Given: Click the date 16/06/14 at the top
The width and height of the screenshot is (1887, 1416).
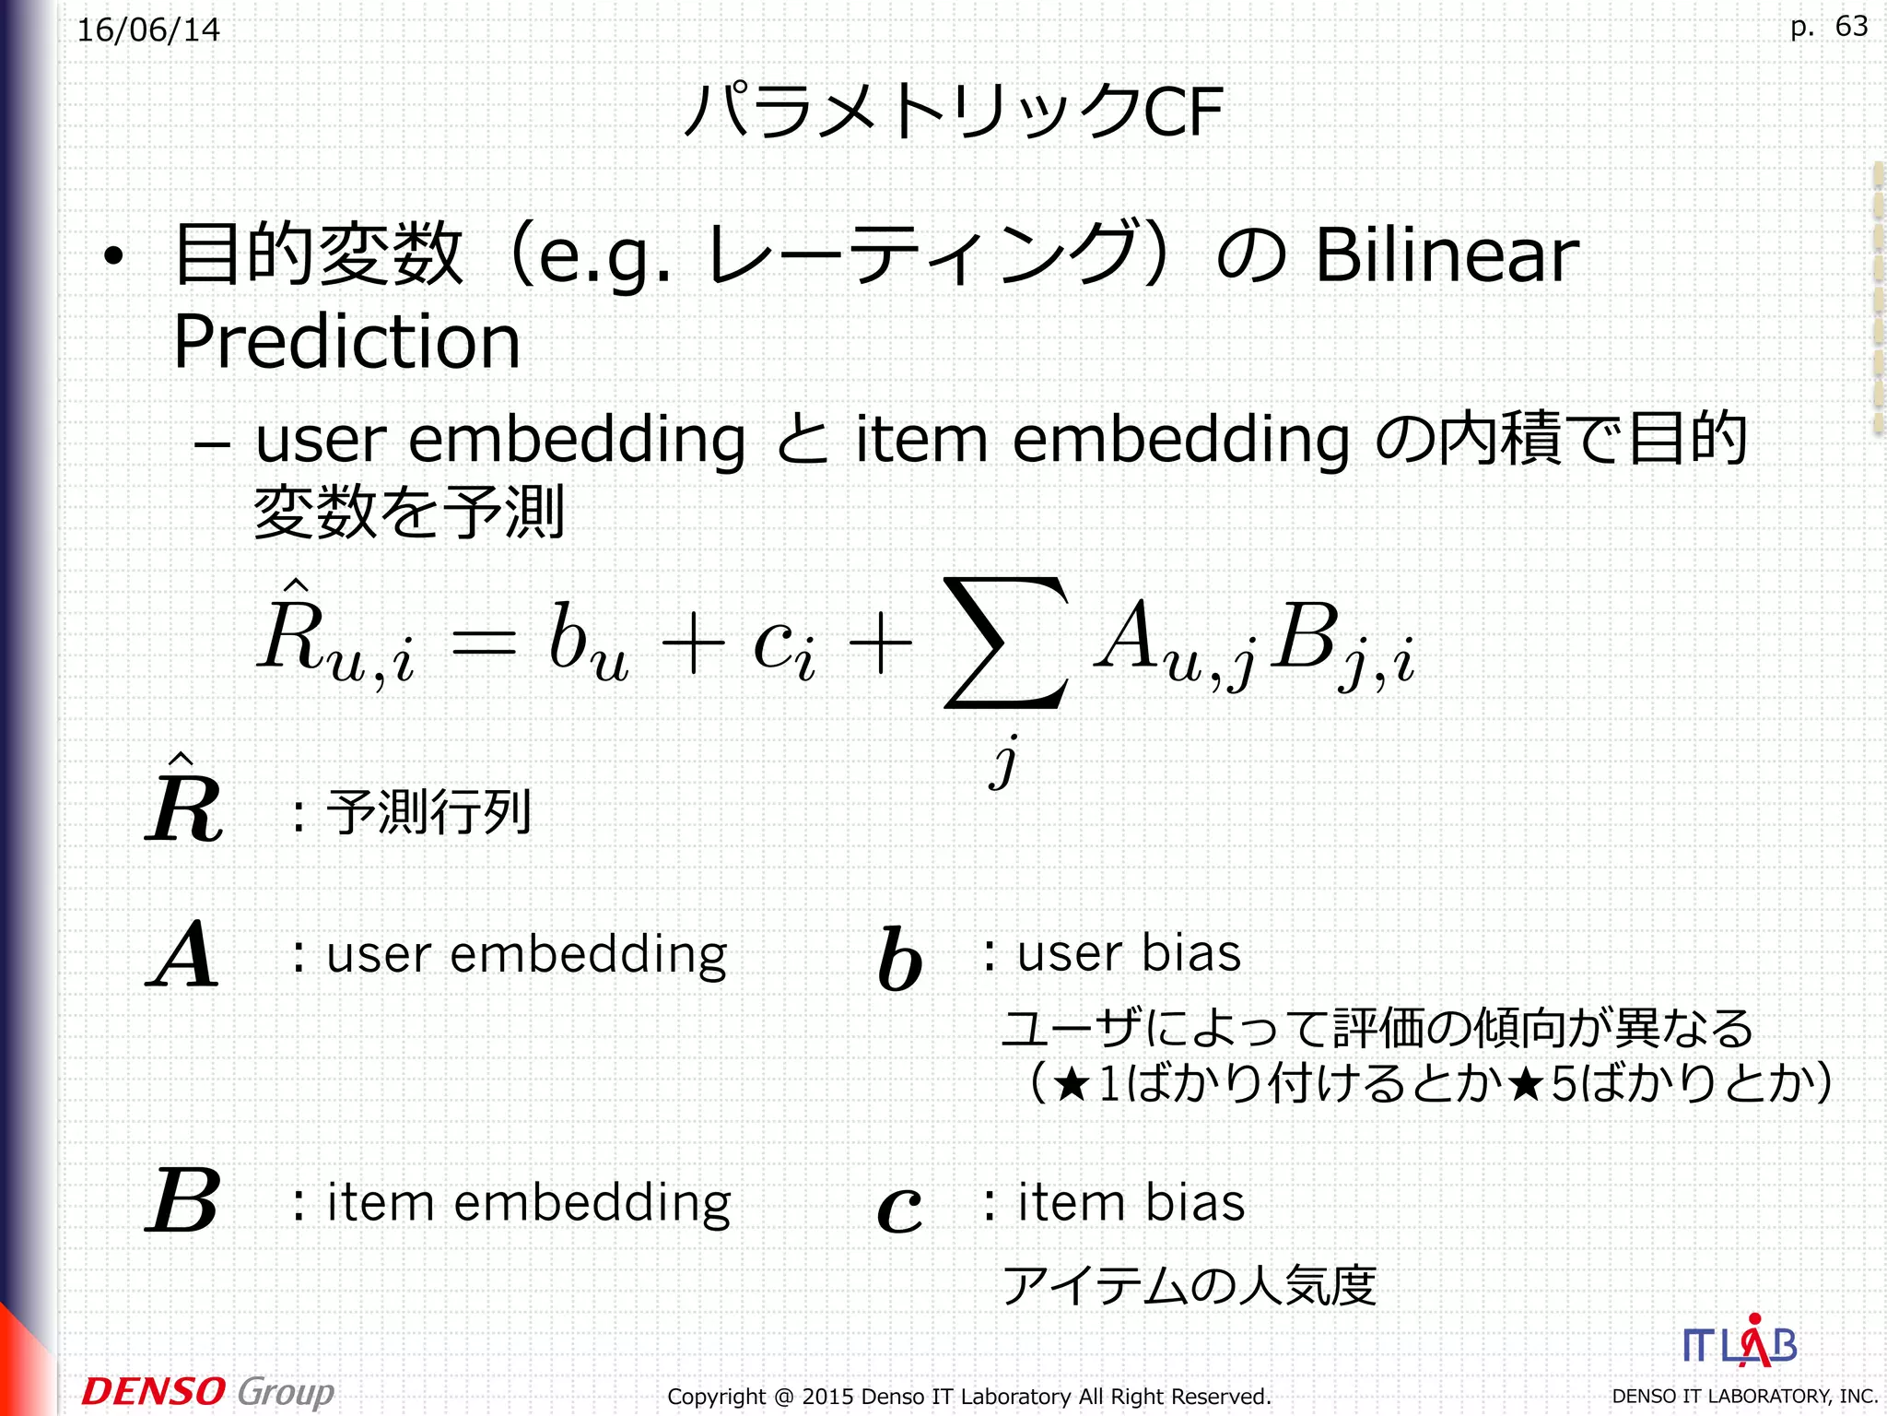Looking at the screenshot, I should coord(148,30).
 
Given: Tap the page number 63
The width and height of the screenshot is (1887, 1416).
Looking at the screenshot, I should coord(1851,26).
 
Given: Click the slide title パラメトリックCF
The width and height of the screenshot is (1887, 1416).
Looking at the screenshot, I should coord(954,112).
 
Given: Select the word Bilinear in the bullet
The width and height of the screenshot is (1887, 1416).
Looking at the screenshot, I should coord(1447,255).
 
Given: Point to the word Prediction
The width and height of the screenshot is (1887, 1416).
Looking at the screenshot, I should coord(347,341).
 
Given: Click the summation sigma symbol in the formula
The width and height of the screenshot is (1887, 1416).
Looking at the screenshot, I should coord(1006,643).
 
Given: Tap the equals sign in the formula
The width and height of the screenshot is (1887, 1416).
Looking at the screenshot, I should coord(484,643).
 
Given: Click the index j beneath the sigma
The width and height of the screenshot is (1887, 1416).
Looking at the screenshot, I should coord(1005,761).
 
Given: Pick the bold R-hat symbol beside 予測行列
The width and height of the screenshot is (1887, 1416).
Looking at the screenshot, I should coord(184,802).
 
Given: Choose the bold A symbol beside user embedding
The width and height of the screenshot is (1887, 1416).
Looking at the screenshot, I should coord(183,955).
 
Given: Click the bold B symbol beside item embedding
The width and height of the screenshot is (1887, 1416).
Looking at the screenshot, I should coord(183,1200).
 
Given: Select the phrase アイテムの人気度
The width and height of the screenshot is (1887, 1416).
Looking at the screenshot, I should coord(1190,1285).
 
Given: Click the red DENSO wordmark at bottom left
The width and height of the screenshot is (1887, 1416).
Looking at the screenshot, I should coord(153,1390).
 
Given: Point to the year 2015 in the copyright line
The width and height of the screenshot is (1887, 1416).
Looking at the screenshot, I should coord(828,1397).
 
